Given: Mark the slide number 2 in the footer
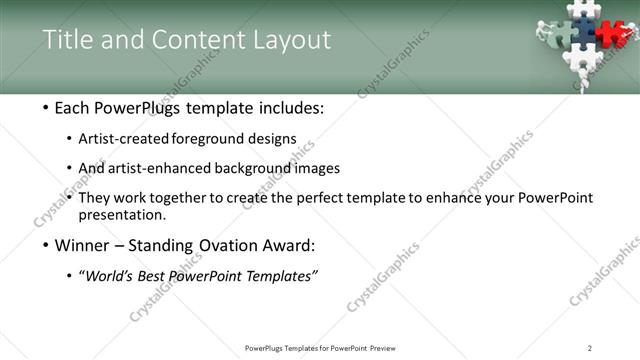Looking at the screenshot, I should click(x=589, y=348).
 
